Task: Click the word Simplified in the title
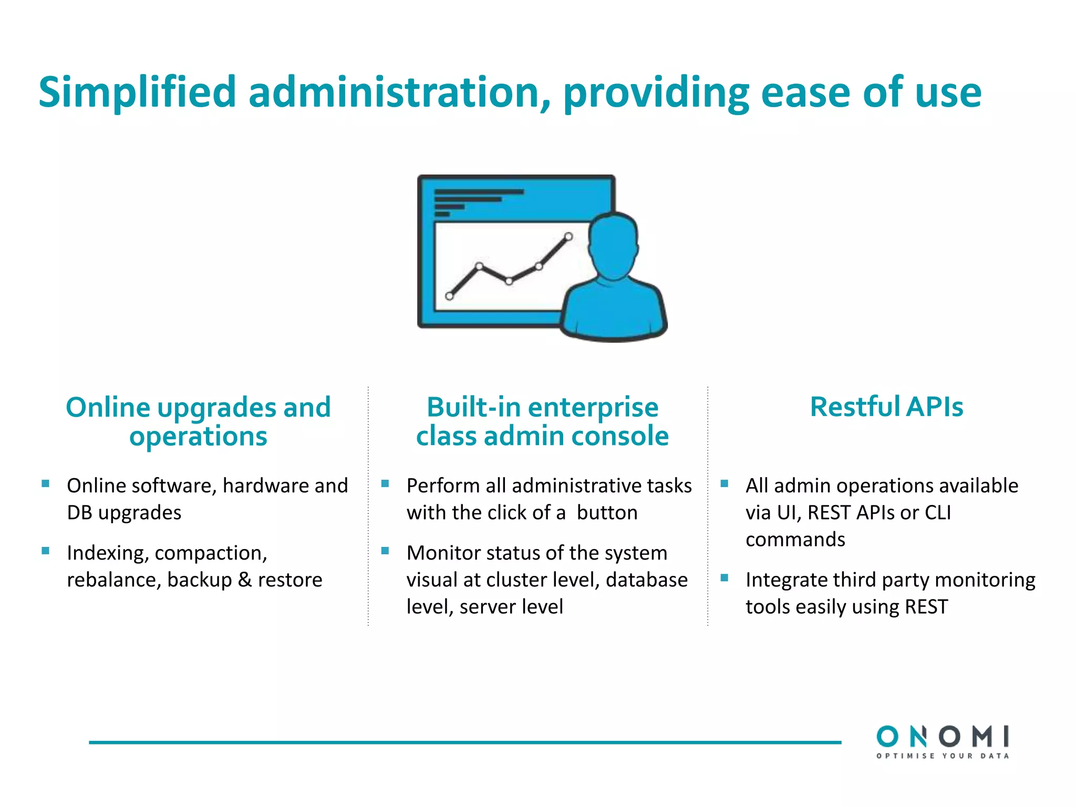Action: point(137,92)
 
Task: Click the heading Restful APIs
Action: point(886,407)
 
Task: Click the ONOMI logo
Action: point(943,737)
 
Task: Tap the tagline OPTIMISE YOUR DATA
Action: point(943,756)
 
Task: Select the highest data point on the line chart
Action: point(568,236)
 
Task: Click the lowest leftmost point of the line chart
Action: point(449,296)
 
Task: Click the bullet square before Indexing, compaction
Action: point(46,551)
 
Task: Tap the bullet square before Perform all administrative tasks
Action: point(385,483)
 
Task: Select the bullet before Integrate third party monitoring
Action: point(725,577)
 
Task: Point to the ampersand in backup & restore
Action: point(244,580)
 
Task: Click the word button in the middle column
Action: point(607,513)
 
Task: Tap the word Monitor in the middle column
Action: point(440,553)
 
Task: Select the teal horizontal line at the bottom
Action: point(464,742)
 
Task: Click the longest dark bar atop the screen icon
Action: point(479,192)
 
